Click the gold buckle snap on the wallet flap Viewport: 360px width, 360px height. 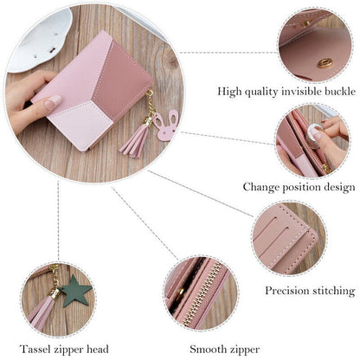coord(325,63)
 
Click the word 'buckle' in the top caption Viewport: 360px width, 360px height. coord(335,91)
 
